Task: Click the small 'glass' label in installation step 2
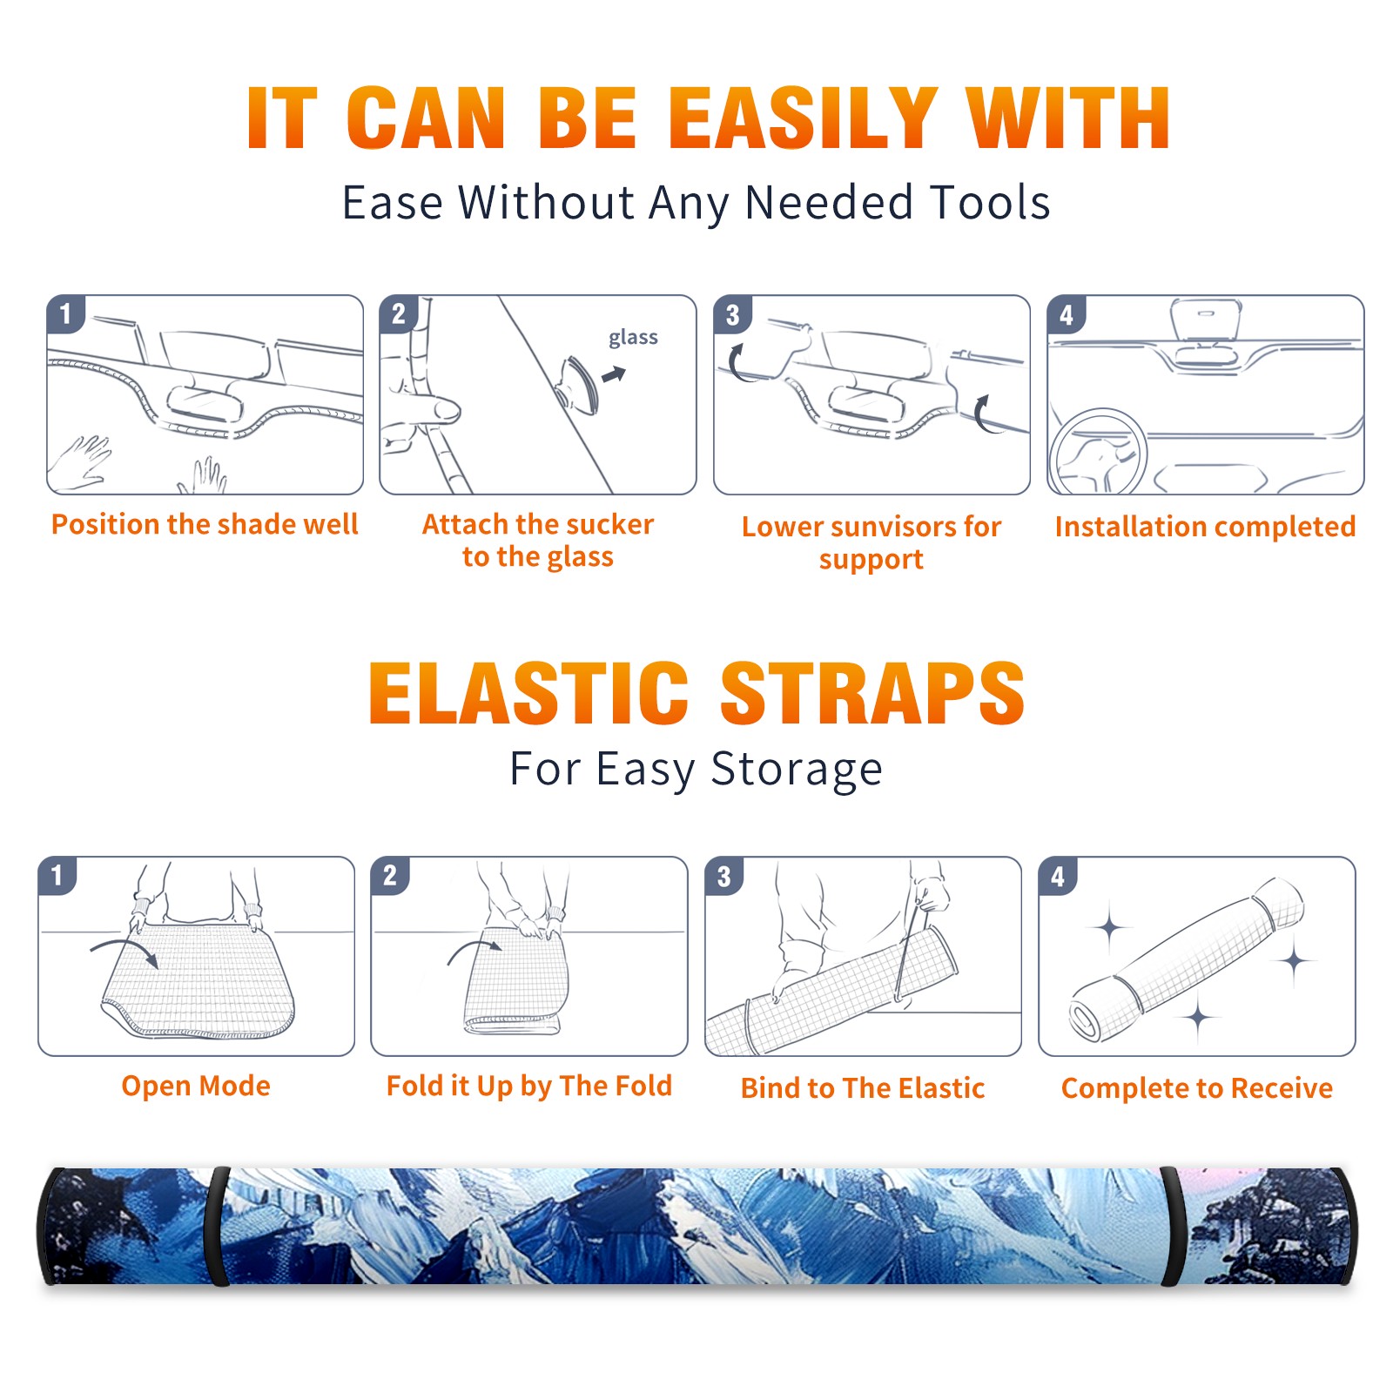point(633,337)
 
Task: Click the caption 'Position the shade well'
point(205,524)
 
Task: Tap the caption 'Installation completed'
point(1205,526)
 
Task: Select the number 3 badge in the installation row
point(732,314)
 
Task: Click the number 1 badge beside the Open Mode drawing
point(57,876)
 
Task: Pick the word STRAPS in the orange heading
point(872,692)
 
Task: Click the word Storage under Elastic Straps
point(797,770)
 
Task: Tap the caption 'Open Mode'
point(196,1086)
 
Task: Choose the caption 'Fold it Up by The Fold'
point(529,1086)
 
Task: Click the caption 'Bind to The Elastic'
point(862,1087)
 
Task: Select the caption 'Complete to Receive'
point(1197,1087)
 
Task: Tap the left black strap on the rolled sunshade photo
point(217,1227)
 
